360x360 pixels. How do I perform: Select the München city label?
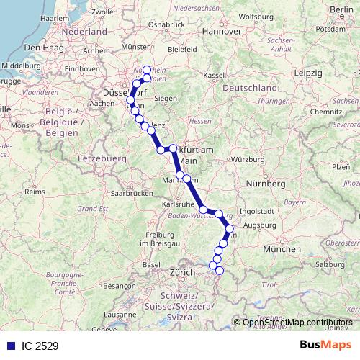pos(282,248)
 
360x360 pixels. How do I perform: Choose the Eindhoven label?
pos(81,69)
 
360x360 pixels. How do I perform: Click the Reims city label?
pos(34,192)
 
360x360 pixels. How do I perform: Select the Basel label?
pos(151,264)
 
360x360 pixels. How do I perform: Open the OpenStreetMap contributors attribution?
pos(297,323)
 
